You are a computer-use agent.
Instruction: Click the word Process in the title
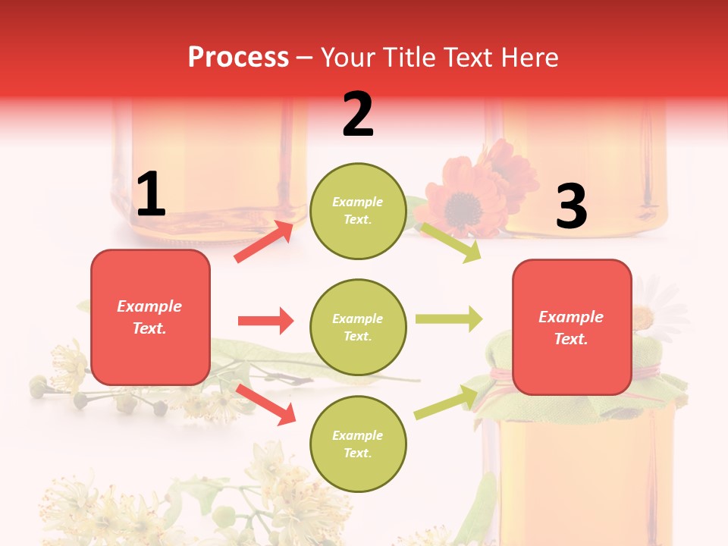click(x=238, y=57)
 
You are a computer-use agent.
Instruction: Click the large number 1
click(x=151, y=195)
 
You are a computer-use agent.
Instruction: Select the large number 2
click(x=358, y=115)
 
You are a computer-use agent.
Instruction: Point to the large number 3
click(x=571, y=206)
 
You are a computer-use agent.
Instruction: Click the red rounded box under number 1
click(x=150, y=317)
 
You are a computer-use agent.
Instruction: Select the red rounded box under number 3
click(x=572, y=327)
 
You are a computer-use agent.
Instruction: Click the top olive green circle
click(x=358, y=211)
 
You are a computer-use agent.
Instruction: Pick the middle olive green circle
click(x=358, y=327)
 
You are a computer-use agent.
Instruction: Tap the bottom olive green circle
click(x=358, y=444)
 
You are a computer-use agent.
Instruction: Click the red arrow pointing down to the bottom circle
click(x=266, y=403)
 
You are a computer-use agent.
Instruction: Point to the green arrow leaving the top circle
click(x=450, y=242)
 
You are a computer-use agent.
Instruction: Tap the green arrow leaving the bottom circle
click(x=446, y=402)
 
